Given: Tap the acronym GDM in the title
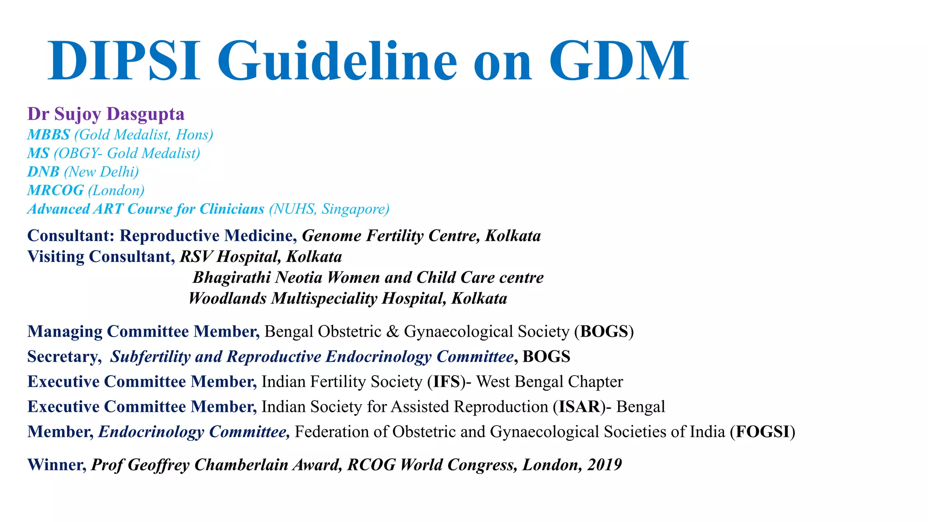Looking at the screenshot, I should coord(619,61).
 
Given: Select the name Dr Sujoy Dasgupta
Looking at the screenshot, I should coord(106,114).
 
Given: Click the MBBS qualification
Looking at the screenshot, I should coord(48,135).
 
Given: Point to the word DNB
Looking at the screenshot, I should coord(43,172).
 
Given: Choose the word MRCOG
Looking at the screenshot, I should coord(55,190).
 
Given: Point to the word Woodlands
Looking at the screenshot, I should coord(227,298).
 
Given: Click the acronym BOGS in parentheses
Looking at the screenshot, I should coord(604,332).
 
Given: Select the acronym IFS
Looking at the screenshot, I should coord(446,382).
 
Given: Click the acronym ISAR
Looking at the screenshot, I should coord(580,406).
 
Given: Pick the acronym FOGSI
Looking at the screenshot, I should coord(763,431).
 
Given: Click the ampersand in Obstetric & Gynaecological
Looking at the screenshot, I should coord(392,332).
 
